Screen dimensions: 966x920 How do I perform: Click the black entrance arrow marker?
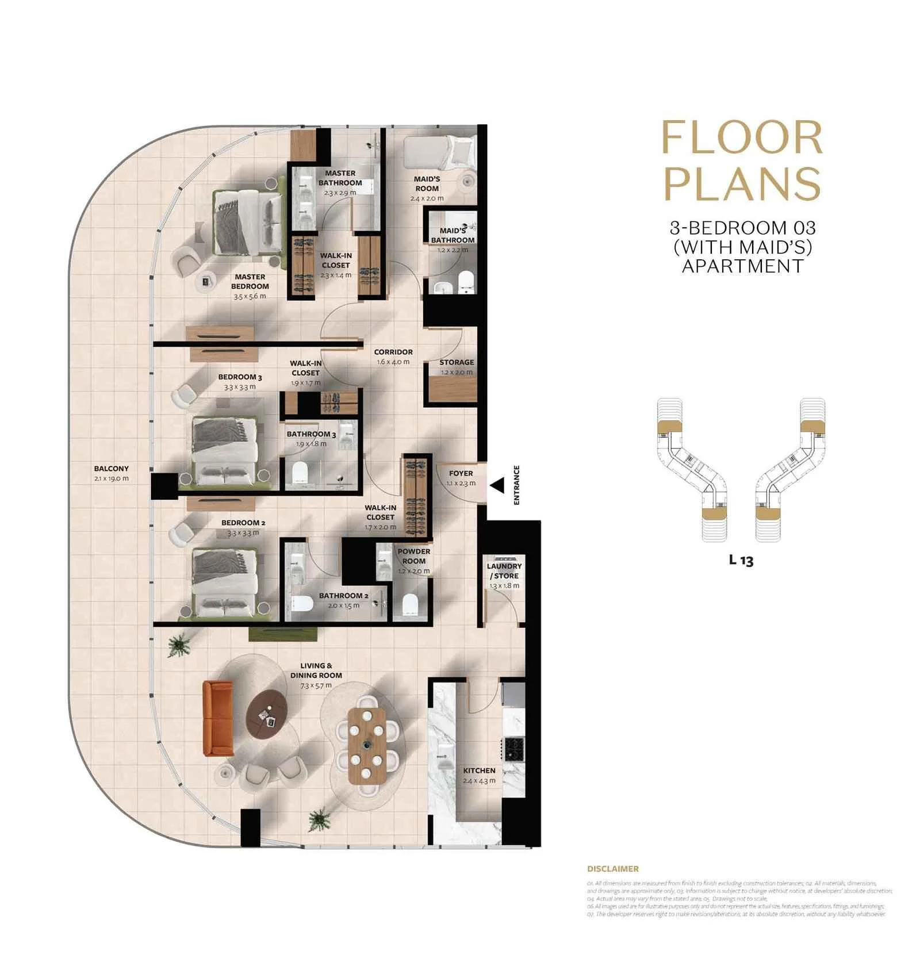coord(498,485)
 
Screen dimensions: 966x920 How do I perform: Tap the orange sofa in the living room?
coord(218,719)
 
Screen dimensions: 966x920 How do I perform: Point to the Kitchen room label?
coord(479,770)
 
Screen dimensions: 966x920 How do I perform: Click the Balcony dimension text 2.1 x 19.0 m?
coord(112,478)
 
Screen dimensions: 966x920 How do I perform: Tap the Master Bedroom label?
coord(250,281)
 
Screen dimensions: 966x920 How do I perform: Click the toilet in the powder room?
coord(410,604)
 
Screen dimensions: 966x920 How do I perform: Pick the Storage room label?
coord(457,362)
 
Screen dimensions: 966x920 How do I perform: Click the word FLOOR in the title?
coord(742,138)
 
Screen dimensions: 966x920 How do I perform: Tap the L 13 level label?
coord(741,559)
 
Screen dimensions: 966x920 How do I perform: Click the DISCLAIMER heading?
coord(612,869)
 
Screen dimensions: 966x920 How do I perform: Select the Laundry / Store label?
coord(504,571)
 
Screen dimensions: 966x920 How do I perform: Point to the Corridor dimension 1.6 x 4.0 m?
coord(393,362)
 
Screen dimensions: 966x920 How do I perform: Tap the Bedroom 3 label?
coord(240,377)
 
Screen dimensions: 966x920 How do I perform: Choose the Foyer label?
coord(461,473)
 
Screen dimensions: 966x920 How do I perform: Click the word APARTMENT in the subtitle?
coord(742,266)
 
